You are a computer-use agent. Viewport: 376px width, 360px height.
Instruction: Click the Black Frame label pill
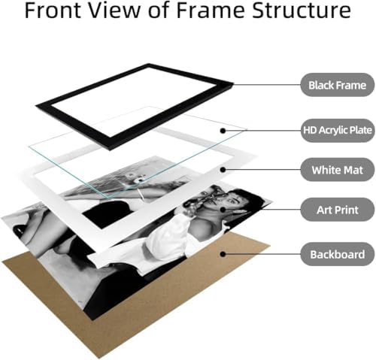338,85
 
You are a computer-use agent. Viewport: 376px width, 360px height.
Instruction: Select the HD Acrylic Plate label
338,130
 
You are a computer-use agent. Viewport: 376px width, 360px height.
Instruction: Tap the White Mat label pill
338,170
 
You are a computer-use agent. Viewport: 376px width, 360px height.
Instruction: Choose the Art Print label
338,210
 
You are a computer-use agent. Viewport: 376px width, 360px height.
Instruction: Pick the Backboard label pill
338,254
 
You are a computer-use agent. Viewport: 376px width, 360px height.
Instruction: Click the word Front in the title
53,11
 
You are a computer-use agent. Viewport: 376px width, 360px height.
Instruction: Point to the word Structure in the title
302,11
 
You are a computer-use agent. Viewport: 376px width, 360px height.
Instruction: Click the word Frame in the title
211,11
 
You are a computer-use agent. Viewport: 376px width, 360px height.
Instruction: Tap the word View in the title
115,11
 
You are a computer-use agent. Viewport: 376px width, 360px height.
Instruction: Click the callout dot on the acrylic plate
223,131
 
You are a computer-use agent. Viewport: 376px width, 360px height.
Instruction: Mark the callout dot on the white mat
223,170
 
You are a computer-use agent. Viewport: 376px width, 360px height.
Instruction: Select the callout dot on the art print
223,210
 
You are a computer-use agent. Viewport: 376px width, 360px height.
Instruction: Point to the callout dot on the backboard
223,254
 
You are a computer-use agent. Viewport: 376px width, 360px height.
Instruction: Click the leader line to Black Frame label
267,85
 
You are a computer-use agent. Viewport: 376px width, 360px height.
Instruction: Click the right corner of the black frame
233,84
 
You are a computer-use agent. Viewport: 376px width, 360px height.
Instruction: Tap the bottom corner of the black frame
110,150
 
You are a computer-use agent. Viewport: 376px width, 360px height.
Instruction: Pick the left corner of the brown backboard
2,262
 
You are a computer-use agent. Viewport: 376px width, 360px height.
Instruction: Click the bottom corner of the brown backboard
99,358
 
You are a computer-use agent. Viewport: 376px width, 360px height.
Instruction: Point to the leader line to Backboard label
262,254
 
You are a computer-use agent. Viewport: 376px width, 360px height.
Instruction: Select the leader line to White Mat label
262,170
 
